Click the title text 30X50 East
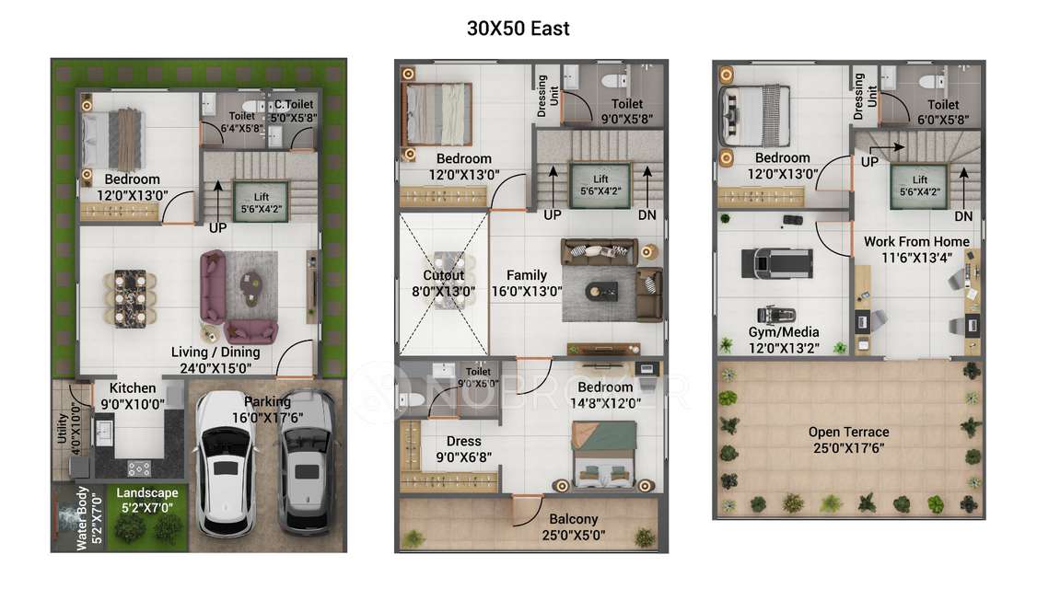[518, 29]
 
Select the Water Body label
[81, 517]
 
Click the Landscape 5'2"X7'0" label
[147, 500]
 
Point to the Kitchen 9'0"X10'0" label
[132, 396]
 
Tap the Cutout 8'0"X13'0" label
[444, 283]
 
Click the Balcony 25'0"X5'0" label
[574, 526]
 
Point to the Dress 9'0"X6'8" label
[464, 449]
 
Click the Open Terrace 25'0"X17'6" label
[849, 440]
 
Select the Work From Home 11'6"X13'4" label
[915, 249]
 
